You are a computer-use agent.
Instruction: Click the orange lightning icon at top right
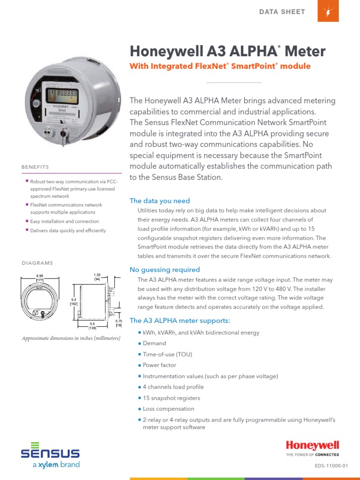pos(328,11)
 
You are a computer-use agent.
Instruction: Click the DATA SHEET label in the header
pos(282,12)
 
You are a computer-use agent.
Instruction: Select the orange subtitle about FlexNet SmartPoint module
pos(220,66)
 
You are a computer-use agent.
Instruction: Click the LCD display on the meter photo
pos(61,95)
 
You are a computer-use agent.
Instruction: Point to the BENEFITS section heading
pos(35,167)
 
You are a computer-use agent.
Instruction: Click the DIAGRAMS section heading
pos(37,263)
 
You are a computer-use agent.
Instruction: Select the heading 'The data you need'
pos(159,201)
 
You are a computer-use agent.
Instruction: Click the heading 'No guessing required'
pos(165,270)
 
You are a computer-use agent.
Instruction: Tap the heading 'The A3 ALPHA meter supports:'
pos(180,321)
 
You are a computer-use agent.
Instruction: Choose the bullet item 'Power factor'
pos(159,365)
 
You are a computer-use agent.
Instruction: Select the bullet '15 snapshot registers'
pos(165,398)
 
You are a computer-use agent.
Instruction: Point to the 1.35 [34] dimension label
pos(97,277)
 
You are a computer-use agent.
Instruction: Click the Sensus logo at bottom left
pos(50,454)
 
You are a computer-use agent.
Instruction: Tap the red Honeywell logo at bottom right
pos(312,446)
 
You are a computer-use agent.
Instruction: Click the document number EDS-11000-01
pos(331,465)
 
